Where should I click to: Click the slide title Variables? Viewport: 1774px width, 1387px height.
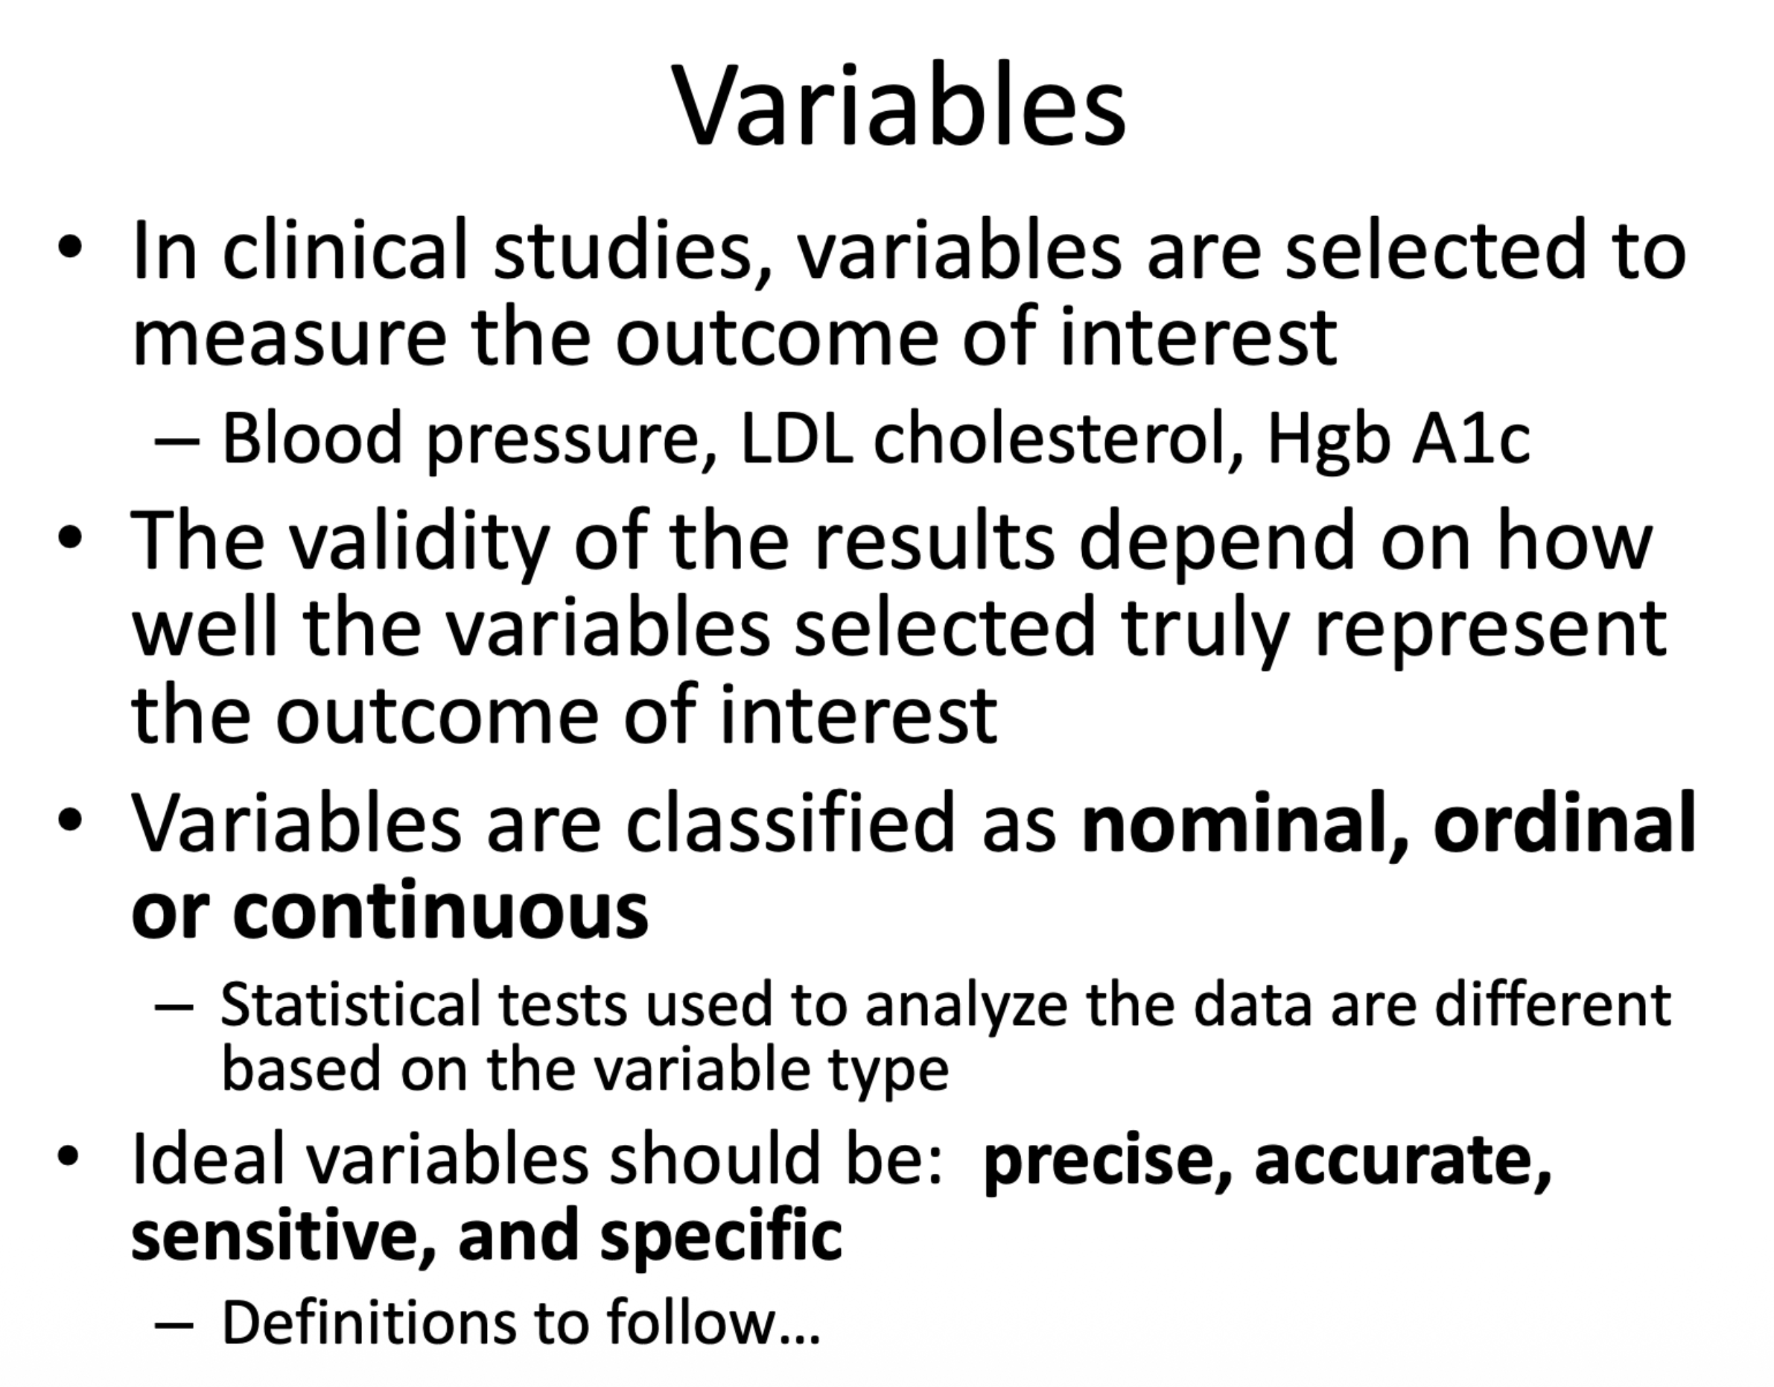(x=897, y=106)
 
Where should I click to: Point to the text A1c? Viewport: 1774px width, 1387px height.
(x=1470, y=439)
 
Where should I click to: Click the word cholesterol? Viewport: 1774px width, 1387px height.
(x=1048, y=439)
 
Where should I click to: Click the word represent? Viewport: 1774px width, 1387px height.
(x=1490, y=629)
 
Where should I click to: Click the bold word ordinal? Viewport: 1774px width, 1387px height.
(x=1565, y=824)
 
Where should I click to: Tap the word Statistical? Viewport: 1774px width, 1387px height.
(x=350, y=1005)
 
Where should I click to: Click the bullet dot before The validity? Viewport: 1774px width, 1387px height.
(x=70, y=538)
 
